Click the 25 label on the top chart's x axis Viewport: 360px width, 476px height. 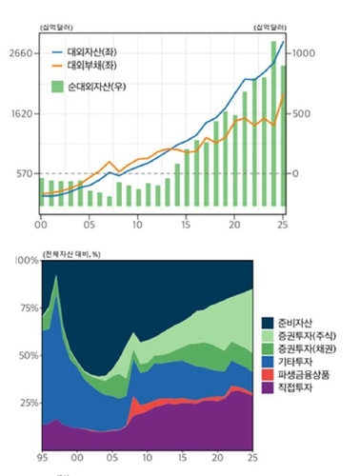tap(284, 225)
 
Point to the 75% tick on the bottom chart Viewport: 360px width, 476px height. tap(27, 307)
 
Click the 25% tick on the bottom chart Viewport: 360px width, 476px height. tap(27, 402)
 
